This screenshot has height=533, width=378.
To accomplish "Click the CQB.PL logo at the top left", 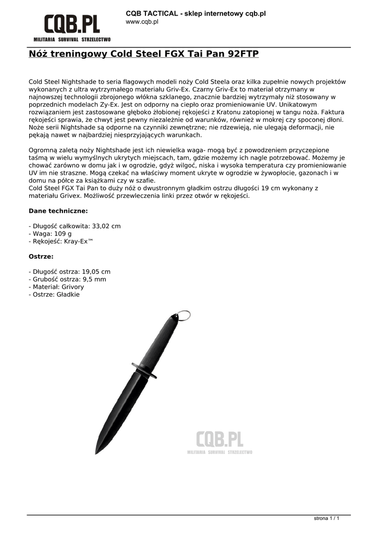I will pos(71,27).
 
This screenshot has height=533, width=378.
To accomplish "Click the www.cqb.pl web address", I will pos(142,22).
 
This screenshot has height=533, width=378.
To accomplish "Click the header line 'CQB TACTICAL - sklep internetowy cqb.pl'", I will pos(196,13).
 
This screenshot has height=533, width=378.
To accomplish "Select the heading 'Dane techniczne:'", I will pos(58,211).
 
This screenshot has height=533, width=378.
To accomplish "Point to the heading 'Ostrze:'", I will pos(41,257).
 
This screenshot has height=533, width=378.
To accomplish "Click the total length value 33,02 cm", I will pos(106,226).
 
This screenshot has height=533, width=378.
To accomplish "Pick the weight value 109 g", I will pos(61,234).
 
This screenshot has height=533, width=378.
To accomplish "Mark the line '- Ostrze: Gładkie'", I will pos(54,295).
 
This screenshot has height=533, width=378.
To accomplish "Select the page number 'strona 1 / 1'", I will pos(327,518).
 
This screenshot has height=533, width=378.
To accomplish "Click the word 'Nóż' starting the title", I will pos(39,54).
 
